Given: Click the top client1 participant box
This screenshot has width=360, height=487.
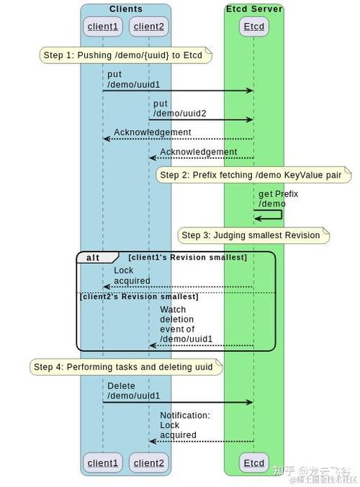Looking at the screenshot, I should (x=102, y=27).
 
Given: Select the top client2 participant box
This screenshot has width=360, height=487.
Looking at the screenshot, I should (x=149, y=27).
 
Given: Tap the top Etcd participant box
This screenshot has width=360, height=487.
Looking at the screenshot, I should (x=253, y=27).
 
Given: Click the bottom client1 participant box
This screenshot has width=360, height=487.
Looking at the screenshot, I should (x=102, y=463).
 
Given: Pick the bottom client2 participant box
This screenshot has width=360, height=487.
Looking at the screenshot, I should (x=149, y=463).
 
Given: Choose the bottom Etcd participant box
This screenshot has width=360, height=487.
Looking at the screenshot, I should (x=253, y=463).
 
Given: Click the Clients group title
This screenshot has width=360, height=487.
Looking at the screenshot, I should (x=126, y=9).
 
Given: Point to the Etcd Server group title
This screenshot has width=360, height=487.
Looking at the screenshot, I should (x=253, y=9).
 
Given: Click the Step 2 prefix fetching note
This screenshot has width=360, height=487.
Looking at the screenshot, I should (x=253, y=175).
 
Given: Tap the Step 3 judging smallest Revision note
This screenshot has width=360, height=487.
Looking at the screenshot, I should (x=253, y=235).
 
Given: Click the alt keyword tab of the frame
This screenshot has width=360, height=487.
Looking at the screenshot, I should (x=94, y=258).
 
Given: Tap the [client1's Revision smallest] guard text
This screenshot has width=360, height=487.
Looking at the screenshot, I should (x=188, y=258).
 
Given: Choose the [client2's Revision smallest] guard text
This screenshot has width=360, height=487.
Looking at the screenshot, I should (x=139, y=296).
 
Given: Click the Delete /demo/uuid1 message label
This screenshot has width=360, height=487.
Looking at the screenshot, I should (x=134, y=391).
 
